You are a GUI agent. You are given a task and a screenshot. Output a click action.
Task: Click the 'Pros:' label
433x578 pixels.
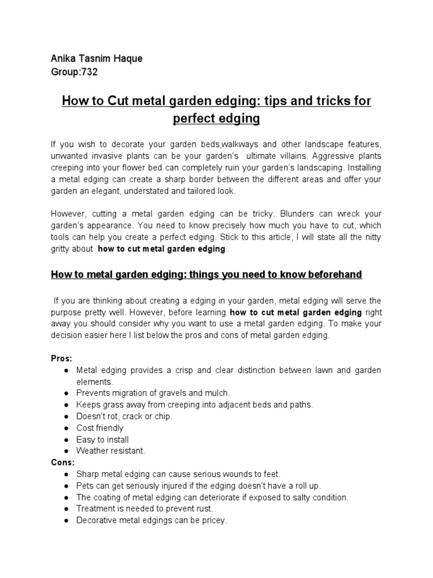pyautogui.click(x=61, y=358)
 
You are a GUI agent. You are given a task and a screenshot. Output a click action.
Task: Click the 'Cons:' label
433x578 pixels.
pyautogui.click(x=63, y=462)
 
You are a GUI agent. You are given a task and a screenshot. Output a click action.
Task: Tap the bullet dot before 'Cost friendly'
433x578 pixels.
pyautogui.click(x=67, y=428)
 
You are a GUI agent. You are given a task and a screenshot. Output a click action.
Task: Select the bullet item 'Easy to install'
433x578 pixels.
pyautogui.click(x=103, y=440)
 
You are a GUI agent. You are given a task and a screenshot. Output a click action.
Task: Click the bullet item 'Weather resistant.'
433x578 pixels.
pyautogui.click(x=111, y=451)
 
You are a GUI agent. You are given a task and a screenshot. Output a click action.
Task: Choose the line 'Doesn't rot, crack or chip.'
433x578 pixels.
pyautogui.click(x=125, y=417)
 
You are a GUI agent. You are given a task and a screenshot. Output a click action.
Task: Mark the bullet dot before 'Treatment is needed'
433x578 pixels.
pyautogui.click(x=67, y=509)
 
